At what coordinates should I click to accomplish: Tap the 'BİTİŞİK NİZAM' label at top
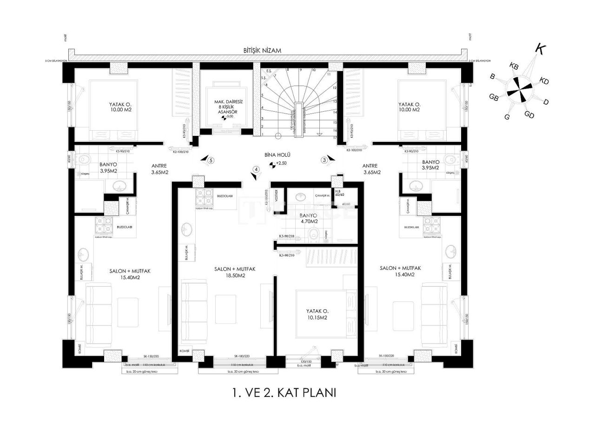[x=262, y=50]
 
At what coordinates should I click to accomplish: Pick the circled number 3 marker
[x=324, y=160]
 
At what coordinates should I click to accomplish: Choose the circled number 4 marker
[x=255, y=169]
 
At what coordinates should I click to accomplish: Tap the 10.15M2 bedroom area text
[x=317, y=318]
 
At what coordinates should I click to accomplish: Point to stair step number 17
[x=335, y=138]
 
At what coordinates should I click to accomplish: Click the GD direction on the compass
[x=529, y=114]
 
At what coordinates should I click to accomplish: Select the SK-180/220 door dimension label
[x=242, y=356]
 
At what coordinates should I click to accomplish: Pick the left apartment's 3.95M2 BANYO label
[x=107, y=167]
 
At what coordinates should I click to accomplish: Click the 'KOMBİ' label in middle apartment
[x=185, y=351]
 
